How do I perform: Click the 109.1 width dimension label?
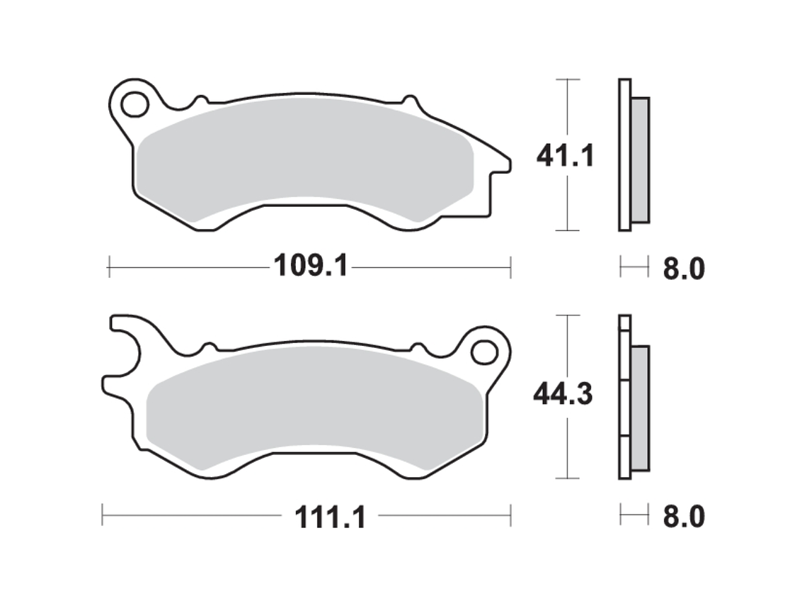pos(311,267)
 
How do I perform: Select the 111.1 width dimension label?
pos(331,517)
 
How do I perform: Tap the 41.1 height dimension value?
pos(565,155)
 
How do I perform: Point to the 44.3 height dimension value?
pos(563,395)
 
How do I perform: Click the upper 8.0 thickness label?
pos(684,269)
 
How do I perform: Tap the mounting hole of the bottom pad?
pos(484,351)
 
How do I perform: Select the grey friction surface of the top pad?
pos(304,167)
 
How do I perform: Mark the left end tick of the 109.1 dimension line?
pos(108,268)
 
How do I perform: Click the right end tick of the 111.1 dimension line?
pos(510,516)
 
